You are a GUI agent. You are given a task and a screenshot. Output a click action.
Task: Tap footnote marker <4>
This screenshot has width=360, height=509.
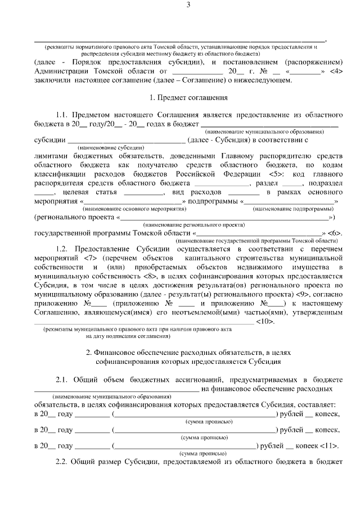tap(335, 72)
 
